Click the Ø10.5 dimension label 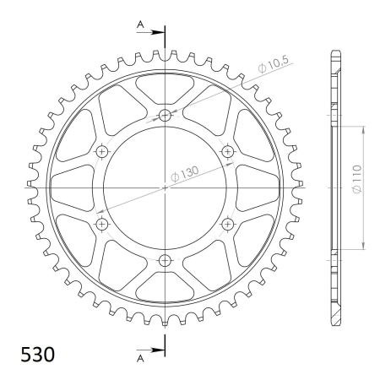pyautogui.click(x=274, y=64)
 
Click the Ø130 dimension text pyautogui.click(x=185, y=174)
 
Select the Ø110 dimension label pyautogui.click(x=356, y=179)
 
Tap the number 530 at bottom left pyautogui.click(x=38, y=355)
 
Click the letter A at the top pyautogui.click(x=140, y=24)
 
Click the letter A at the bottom pyautogui.click(x=140, y=358)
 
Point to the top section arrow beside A pyautogui.click(x=150, y=32)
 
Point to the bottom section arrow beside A pyautogui.click(x=150, y=350)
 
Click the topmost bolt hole pyautogui.click(x=165, y=115)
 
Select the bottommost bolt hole pyautogui.click(x=165, y=261)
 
